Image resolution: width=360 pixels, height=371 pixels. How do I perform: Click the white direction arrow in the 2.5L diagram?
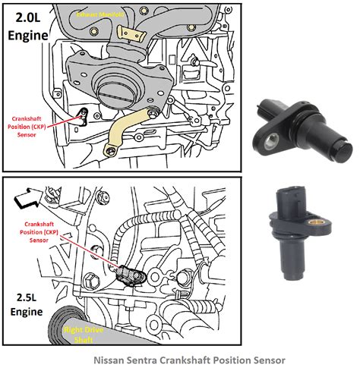tap(29, 201)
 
